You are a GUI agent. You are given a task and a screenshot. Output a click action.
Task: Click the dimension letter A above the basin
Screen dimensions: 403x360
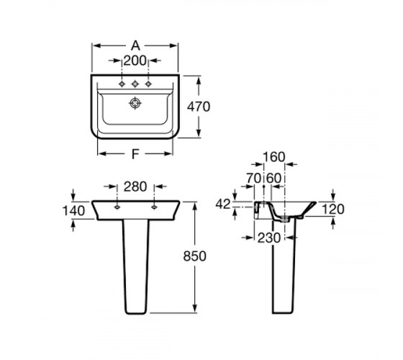[135, 45]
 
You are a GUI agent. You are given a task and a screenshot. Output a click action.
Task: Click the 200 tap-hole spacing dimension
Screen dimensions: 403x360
[135, 60]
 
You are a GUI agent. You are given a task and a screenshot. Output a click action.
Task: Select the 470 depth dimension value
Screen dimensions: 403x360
[199, 107]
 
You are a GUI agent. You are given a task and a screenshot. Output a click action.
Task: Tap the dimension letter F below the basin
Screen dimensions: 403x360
[135, 154]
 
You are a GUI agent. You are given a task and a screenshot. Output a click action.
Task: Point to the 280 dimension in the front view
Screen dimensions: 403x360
[135, 186]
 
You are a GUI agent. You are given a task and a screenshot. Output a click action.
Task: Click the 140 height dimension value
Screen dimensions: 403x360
[73, 211]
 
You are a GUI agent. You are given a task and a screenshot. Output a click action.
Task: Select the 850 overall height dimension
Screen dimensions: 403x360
[194, 256]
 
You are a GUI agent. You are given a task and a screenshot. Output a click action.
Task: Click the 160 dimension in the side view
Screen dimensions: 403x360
[274, 157]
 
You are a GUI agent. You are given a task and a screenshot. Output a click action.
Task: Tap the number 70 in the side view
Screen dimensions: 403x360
[254, 179]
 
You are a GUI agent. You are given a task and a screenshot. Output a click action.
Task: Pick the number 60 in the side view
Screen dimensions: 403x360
[273, 179]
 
